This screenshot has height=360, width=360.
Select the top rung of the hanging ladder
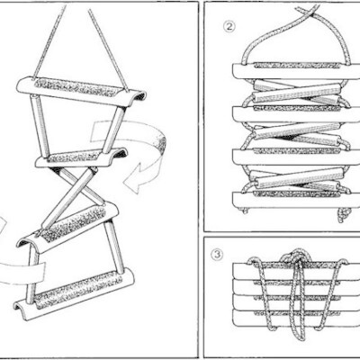click(81, 90)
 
